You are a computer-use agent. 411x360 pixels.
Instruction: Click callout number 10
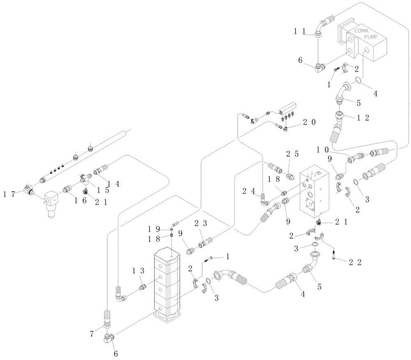(x=322, y=149)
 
